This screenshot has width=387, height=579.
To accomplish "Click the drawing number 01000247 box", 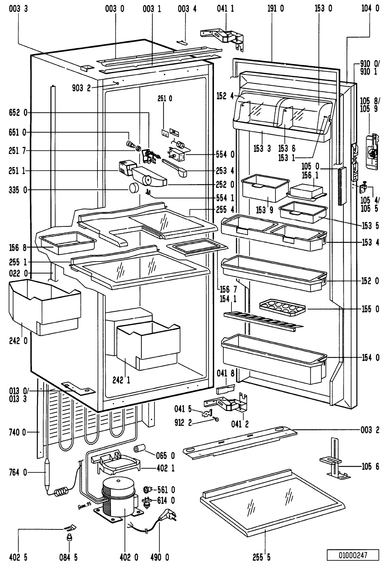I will click(353, 555).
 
